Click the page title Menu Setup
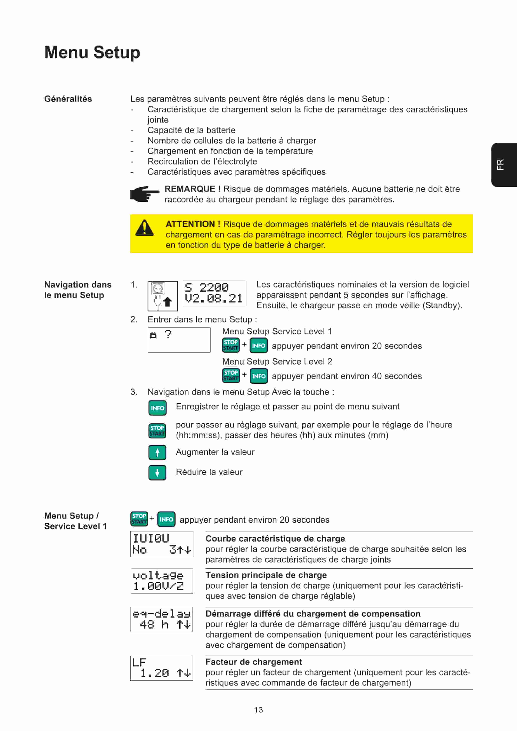coord(92,52)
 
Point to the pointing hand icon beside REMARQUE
coord(144,194)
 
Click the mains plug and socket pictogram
coord(162,296)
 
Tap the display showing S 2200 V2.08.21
coord(214,293)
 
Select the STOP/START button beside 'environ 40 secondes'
coord(231,376)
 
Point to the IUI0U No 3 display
coord(162,544)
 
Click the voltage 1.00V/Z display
coord(162,581)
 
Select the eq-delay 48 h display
coord(162,619)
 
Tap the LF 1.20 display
coord(162,668)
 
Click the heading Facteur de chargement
coord(254,662)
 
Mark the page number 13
coord(258,710)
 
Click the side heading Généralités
coord(68,99)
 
